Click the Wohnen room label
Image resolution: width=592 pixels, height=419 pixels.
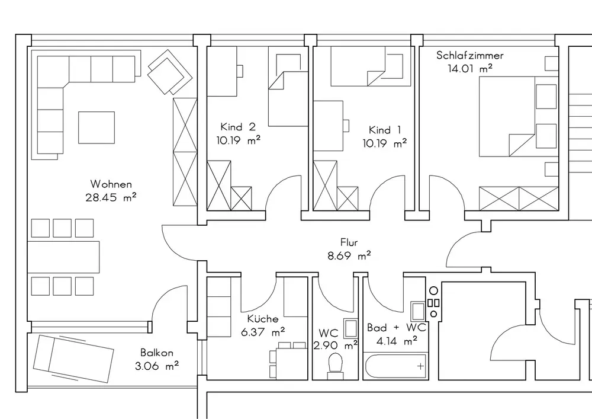pos(111,184)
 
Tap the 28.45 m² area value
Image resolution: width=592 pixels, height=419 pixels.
pos(111,197)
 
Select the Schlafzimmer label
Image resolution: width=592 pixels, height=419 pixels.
pos(470,56)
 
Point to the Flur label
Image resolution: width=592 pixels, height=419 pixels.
pos(349,242)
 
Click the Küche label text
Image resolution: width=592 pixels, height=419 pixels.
pos(263,318)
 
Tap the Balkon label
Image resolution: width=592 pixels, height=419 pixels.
pos(157,353)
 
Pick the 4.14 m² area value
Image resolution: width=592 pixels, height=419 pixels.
pos(397,341)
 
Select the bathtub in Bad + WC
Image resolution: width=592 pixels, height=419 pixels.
pos(395,366)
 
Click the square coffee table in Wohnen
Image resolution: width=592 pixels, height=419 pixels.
pos(96,127)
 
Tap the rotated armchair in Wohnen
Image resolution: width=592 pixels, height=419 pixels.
pos(169,72)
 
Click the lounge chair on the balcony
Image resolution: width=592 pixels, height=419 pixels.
pos(73,358)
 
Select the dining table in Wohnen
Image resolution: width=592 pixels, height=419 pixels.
pos(63,257)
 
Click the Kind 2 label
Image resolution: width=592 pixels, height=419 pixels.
pos(238,127)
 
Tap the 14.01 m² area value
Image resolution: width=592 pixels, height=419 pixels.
pos(470,68)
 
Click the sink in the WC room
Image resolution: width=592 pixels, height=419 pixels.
pos(350,328)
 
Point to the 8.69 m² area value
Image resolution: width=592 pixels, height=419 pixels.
pos(349,256)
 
